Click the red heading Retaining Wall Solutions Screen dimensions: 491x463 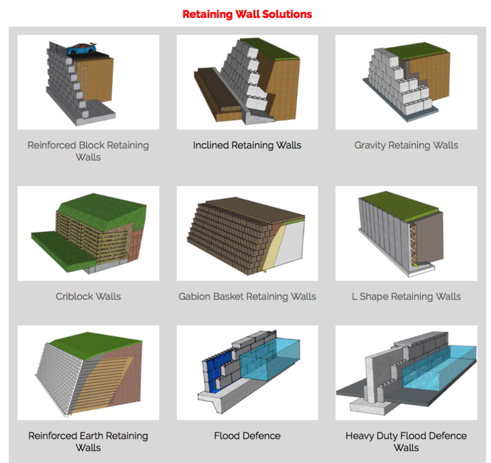click(x=247, y=14)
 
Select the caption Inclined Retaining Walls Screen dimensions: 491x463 click(x=247, y=145)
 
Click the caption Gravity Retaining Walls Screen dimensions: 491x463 click(x=406, y=145)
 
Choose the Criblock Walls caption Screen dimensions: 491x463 click(x=88, y=296)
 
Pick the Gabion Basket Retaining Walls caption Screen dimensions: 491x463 click(x=247, y=296)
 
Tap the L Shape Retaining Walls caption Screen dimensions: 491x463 click(x=406, y=296)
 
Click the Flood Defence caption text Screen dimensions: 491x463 click(x=247, y=436)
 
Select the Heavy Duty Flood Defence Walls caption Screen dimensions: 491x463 click(x=406, y=442)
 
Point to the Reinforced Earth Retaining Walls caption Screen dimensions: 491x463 click(x=88, y=442)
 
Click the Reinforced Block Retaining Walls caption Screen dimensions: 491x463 click(x=88, y=151)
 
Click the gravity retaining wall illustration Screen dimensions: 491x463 click(x=406, y=82)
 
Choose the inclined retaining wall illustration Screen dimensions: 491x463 click(x=247, y=82)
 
